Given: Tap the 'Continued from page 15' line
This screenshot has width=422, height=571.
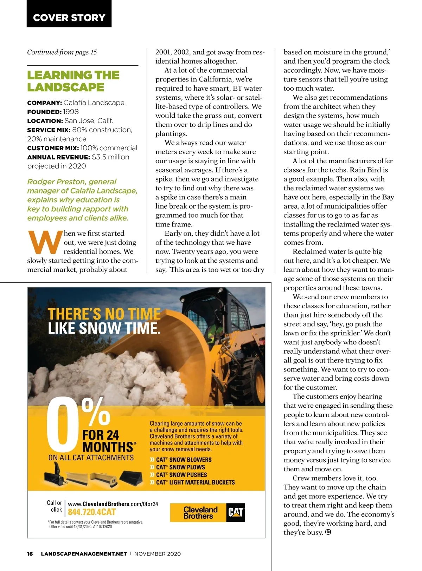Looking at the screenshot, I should [62, 52].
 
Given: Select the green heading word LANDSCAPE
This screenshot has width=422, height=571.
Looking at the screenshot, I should [66, 87].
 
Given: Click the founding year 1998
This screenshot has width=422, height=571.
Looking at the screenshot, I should [71, 112].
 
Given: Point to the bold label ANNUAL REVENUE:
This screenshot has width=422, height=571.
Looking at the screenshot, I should [59, 157].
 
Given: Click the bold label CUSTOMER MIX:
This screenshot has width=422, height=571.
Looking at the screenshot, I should [53, 148].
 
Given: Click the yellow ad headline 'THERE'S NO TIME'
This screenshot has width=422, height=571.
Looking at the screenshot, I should [104, 314].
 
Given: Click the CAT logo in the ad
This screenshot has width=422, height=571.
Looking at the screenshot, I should [236, 513].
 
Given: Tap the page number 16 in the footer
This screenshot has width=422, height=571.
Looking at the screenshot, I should [30, 554].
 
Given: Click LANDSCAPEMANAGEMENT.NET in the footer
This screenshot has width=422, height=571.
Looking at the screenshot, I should [84, 554].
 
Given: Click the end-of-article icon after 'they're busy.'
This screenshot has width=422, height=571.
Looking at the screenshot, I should [328, 532].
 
